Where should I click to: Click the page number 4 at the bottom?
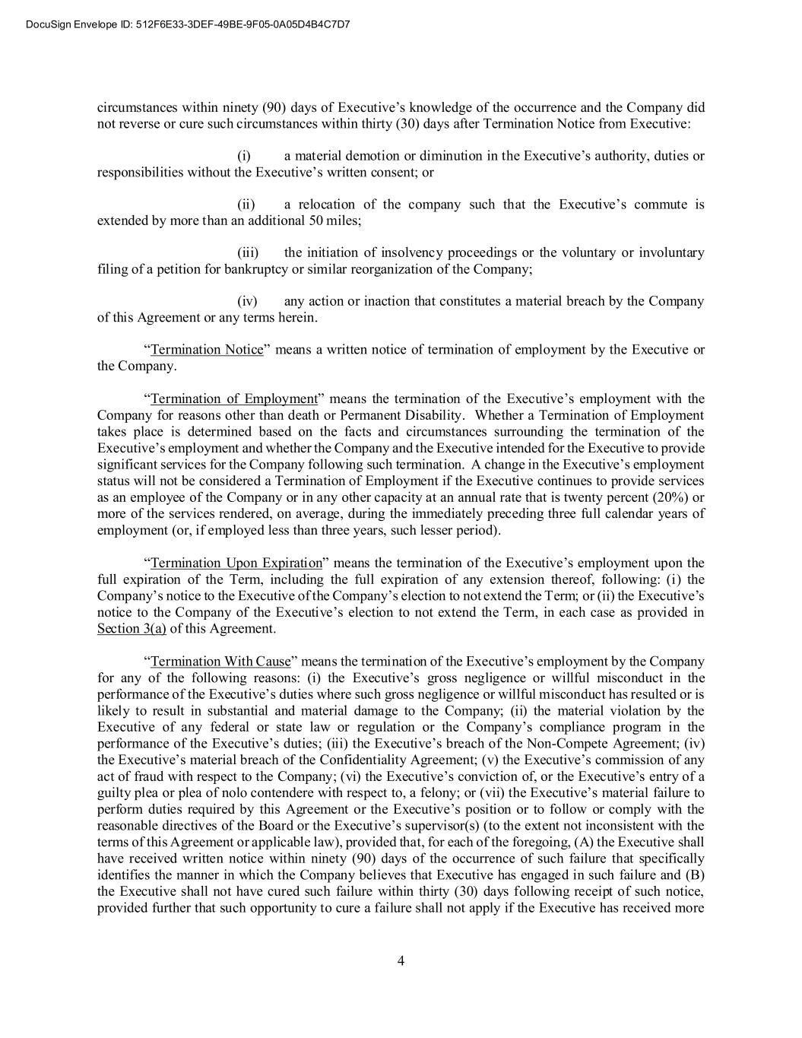click(x=401, y=960)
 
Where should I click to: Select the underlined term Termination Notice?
click(x=207, y=350)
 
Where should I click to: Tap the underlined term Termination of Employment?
click(x=234, y=399)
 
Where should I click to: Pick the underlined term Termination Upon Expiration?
click(x=236, y=563)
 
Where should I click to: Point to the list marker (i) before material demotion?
click(x=244, y=156)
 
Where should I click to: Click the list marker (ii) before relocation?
click(x=246, y=205)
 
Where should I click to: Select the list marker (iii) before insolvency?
click(x=248, y=252)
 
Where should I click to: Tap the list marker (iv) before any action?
click(x=248, y=301)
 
